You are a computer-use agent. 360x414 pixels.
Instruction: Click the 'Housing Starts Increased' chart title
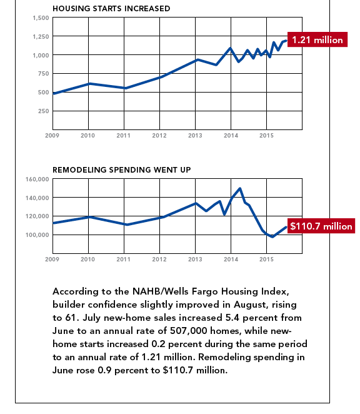tap(111, 9)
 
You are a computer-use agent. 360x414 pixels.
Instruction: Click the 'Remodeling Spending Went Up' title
tap(121, 169)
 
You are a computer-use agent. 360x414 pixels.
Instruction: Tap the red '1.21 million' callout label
tap(317, 39)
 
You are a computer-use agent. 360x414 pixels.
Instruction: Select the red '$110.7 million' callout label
tap(321, 226)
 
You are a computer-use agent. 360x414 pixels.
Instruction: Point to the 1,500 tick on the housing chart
tap(41, 18)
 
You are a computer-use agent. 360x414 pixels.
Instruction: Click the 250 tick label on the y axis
tap(44, 111)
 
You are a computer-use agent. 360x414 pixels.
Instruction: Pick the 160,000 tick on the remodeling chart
tap(37, 179)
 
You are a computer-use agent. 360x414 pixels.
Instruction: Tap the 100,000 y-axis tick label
tap(37, 235)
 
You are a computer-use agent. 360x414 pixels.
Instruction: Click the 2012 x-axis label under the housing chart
tap(159, 136)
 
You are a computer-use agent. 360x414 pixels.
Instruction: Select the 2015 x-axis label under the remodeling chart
tap(267, 260)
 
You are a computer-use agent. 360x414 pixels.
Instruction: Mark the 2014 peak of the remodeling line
tap(240, 188)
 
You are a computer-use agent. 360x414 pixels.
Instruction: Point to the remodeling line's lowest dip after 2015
tap(272, 237)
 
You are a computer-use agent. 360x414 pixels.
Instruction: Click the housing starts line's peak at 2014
tap(231, 48)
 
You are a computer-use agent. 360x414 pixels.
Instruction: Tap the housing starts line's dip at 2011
tap(126, 88)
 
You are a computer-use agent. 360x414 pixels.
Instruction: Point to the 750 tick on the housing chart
tap(44, 74)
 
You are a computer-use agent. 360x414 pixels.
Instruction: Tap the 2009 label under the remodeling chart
tap(52, 260)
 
